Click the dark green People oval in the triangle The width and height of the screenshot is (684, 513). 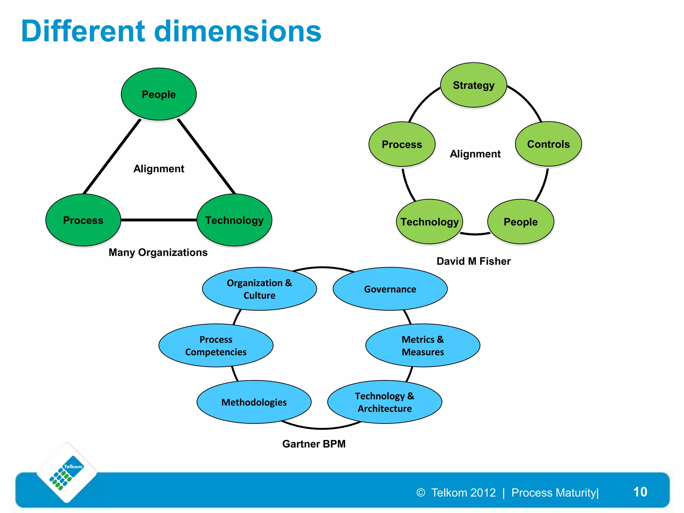[x=159, y=94]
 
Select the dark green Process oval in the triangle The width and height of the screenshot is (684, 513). [x=83, y=220]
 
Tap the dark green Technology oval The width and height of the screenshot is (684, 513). [x=234, y=220]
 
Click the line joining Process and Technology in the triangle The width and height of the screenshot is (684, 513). [x=159, y=220]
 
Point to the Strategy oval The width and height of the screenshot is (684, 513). [x=474, y=85]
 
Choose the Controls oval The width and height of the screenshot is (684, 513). [x=548, y=144]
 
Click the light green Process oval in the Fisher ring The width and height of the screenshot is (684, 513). [x=402, y=144]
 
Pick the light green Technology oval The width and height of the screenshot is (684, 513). [x=430, y=222]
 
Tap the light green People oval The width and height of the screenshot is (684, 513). [x=521, y=222]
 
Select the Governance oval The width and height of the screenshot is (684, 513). [x=390, y=289]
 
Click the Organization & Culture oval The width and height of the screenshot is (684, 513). [x=260, y=289]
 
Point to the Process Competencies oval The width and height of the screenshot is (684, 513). [x=216, y=345]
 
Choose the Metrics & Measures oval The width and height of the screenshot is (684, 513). [x=423, y=345]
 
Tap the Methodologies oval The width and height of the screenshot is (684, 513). [x=254, y=402]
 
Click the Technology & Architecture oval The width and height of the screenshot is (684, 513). [x=385, y=402]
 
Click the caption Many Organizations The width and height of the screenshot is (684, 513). [x=158, y=252]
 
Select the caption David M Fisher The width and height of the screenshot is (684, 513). [x=474, y=261]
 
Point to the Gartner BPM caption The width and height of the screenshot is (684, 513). [x=314, y=444]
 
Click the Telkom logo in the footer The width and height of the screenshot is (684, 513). [x=67, y=472]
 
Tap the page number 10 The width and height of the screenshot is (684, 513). [x=640, y=492]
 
